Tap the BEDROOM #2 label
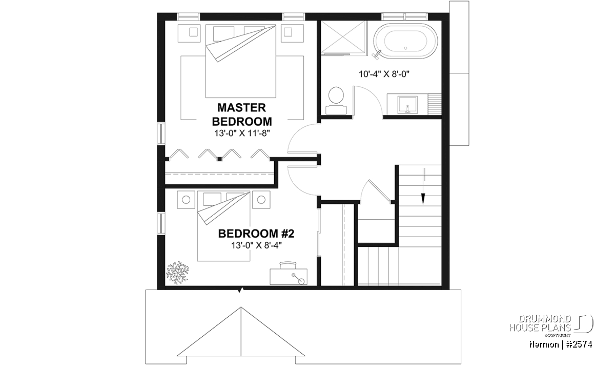(256, 234)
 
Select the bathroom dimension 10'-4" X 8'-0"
(384, 74)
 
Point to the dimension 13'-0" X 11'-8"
(242, 133)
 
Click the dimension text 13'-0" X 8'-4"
(256, 245)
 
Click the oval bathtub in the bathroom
(406, 41)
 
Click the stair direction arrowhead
(423, 199)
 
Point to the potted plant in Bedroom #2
(178, 272)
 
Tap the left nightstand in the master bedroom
(189, 33)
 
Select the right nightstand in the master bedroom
(293, 33)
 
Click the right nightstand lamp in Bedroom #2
(261, 200)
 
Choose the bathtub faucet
(376, 53)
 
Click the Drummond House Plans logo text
(540, 323)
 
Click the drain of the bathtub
(406, 48)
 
